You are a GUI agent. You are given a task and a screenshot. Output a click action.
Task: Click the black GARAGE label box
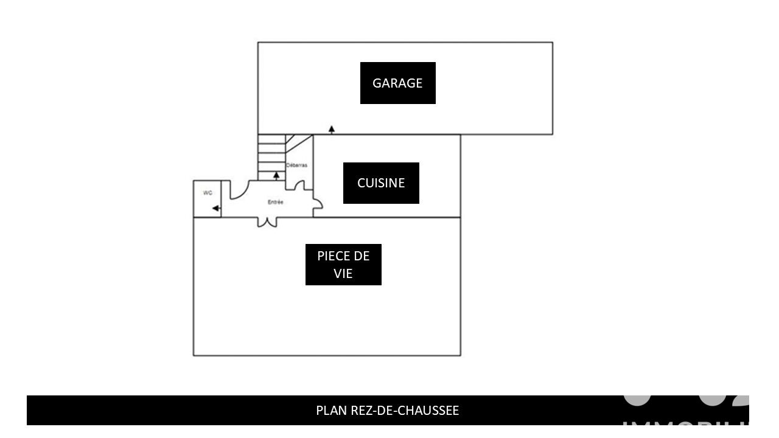tap(397, 83)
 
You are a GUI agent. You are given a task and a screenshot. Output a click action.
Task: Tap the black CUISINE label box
tap(381, 183)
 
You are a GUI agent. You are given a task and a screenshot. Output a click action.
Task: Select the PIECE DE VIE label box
tap(343, 265)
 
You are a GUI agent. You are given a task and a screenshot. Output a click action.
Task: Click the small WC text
tap(208, 193)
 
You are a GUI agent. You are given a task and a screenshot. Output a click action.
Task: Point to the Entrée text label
tap(275, 202)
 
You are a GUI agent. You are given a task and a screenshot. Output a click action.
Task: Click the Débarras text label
tap(296, 165)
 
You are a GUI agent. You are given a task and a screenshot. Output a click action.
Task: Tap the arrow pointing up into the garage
tap(332, 129)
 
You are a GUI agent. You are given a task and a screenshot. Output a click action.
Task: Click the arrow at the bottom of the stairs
tap(276, 176)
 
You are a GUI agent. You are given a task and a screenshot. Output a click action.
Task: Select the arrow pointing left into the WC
tap(216, 209)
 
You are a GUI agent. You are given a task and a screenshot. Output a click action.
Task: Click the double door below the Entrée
tap(267, 222)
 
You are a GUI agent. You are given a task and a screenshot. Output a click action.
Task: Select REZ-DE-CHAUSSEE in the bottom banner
tap(405, 411)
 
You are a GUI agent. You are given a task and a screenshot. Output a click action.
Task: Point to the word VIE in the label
tap(343, 273)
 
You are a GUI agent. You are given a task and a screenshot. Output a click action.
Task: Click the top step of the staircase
tap(271, 139)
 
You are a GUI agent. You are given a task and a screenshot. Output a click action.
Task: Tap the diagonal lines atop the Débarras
tap(298, 142)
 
